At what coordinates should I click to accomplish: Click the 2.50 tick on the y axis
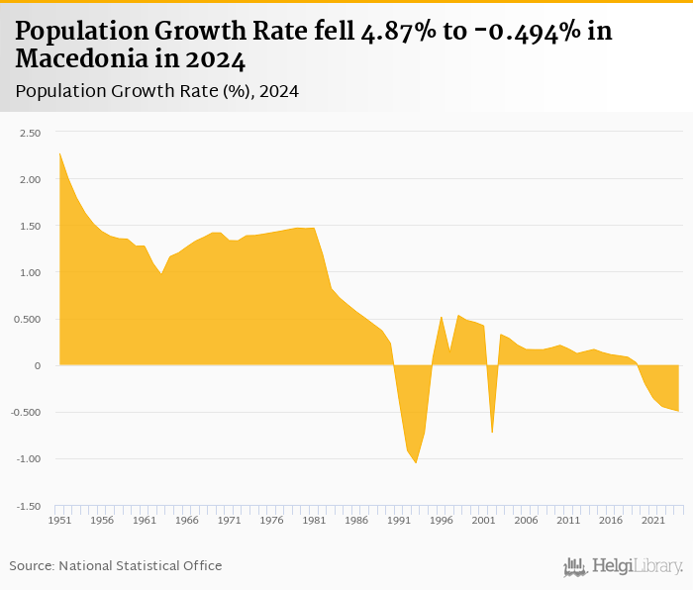click(x=28, y=133)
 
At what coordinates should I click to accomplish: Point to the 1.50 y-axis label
click(x=28, y=226)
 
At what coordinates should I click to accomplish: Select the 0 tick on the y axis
click(x=37, y=366)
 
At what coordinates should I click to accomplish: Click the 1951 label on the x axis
click(x=59, y=520)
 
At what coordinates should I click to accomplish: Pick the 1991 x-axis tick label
click(x=398, y=520)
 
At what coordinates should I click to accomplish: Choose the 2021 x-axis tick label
click(x=652, y=520)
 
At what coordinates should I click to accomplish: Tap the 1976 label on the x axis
click(x=271, y=520)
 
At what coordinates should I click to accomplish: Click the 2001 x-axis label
click(x=483, y=520)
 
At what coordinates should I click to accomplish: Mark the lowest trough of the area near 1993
click(x=416, y=462)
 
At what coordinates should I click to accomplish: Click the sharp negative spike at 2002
click(x=492, y=433)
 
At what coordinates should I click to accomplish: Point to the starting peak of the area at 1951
click(x=59, y=153)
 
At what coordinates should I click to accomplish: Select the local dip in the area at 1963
click(x=161, y=273)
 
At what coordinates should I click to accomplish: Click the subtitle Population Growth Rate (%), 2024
click(x=157, y=91)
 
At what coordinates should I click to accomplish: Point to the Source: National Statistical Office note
click(x=116, y=565)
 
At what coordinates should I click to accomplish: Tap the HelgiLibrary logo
click(x=624, y=566)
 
